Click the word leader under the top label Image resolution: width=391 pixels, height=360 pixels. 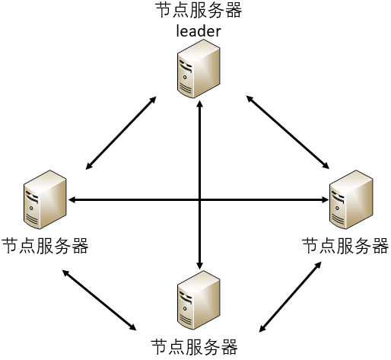[199, 31]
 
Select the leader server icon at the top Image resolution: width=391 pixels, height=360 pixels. [199, 68]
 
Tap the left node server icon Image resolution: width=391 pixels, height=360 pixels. [45, 199]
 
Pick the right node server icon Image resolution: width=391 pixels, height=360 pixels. [351, 199]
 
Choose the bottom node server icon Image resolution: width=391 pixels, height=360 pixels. [199, 300]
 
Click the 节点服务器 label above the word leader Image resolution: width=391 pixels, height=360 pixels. [199, 10]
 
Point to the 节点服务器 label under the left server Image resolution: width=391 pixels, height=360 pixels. [45, 246]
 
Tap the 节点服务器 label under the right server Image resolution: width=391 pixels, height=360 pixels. [345, 246]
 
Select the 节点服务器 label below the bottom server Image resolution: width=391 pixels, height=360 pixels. [194, 347]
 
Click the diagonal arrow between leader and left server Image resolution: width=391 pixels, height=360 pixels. [121, 133]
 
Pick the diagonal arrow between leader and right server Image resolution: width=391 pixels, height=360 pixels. [288, 132]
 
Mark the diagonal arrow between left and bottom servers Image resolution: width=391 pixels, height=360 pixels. [99, 300]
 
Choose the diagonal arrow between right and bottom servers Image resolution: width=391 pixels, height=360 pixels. [290, 297]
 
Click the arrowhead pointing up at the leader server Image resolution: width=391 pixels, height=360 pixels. [200, 104]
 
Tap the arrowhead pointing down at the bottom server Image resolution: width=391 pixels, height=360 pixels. [200, 265]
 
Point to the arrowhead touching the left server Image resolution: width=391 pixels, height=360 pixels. [72, 200]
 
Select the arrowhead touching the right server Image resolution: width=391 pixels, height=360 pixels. [325, 200]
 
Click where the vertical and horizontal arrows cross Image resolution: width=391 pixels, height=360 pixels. [200, 200]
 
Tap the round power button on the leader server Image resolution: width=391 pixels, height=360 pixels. [185, 77]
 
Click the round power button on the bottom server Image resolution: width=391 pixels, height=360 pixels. [185, 308]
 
